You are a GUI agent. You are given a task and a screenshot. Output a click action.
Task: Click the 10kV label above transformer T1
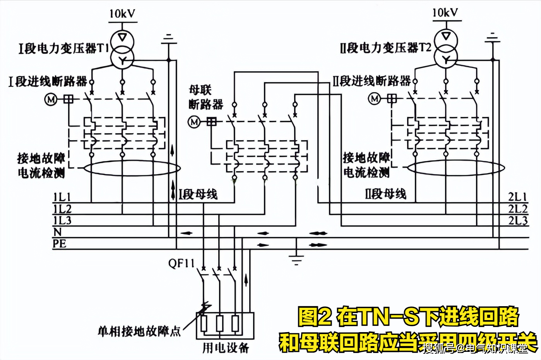[122, 14]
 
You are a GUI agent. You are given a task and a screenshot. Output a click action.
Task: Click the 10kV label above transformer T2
[445, 13]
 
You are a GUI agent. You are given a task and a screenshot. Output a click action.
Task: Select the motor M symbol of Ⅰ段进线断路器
[51, 99]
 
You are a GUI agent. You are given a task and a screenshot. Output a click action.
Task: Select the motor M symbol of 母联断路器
[194, 122]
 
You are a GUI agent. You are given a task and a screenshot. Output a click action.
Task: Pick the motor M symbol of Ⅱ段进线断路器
[374, 99]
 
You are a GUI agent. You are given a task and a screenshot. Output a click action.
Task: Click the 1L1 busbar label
[62, 197]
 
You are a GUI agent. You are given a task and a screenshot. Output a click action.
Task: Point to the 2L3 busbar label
[518, 221]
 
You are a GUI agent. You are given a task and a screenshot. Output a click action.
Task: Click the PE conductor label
[60, 244]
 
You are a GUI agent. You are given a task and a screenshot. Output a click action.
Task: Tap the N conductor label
[57, 232]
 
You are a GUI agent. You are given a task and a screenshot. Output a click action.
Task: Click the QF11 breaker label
[181, 264]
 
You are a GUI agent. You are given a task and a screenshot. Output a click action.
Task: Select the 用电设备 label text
[226, 348]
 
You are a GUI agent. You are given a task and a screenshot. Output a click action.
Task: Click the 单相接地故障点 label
[139, 331]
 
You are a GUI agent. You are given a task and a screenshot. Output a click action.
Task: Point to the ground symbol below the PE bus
[296, 259]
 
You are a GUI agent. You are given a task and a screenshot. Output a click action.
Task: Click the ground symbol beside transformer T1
[168, 39]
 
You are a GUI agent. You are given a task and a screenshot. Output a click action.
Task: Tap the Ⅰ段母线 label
[198, 194]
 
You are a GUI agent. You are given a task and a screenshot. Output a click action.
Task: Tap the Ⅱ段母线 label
[386, 194]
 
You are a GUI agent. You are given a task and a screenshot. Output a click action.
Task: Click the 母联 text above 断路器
[200, 90]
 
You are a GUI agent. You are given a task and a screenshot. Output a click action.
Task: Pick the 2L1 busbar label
[518, 197]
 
